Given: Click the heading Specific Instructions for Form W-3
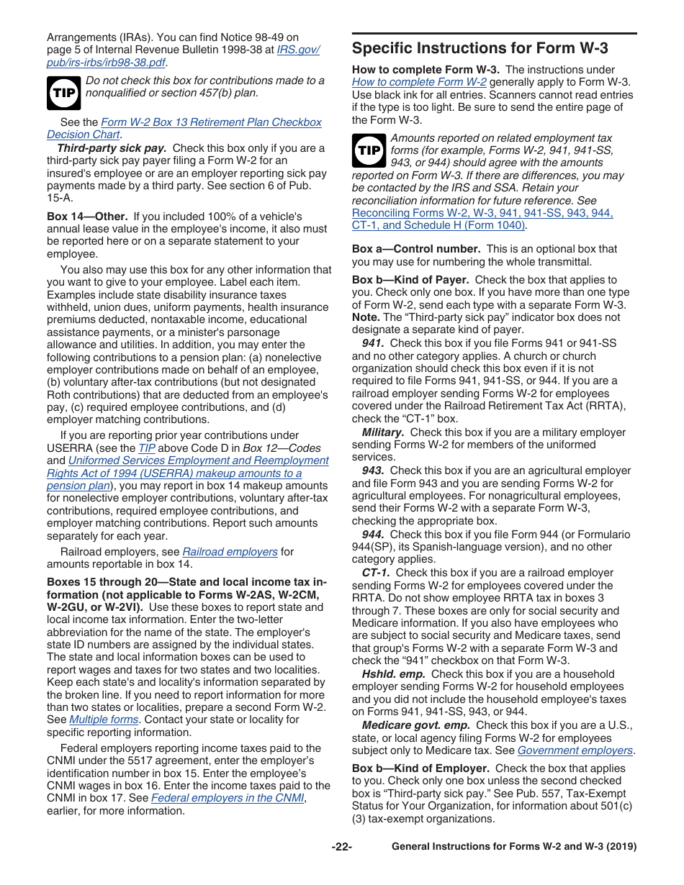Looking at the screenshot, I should (480, 48).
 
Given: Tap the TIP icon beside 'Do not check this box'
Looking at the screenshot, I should (63, 92).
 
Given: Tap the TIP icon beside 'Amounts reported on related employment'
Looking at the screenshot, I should (369, 150).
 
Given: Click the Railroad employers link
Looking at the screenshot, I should (230, 552).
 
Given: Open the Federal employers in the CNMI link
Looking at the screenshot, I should (228, 798).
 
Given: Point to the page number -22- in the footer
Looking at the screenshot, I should (341, 847).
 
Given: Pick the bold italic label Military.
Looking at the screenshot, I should (382, 432).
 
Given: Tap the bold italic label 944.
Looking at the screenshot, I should (373, 535).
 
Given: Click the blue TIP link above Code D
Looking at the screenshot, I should (146, 448).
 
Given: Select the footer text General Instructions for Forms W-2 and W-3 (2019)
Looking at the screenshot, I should (513, 847).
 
